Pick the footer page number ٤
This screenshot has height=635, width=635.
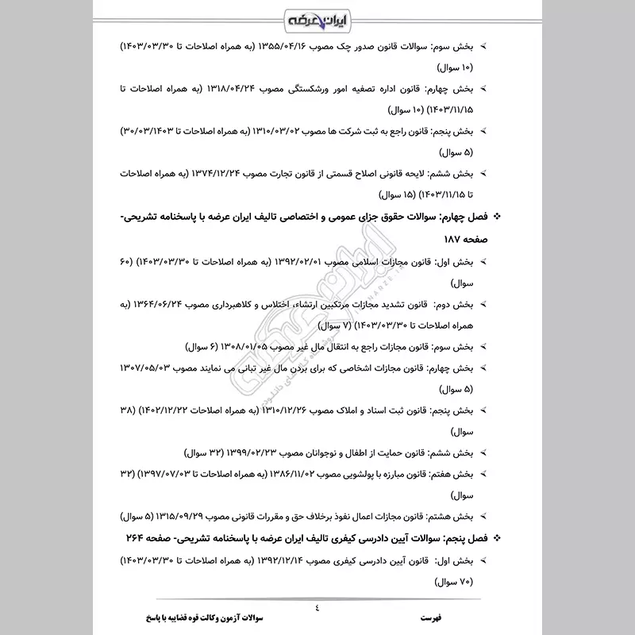tap(317, 609)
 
